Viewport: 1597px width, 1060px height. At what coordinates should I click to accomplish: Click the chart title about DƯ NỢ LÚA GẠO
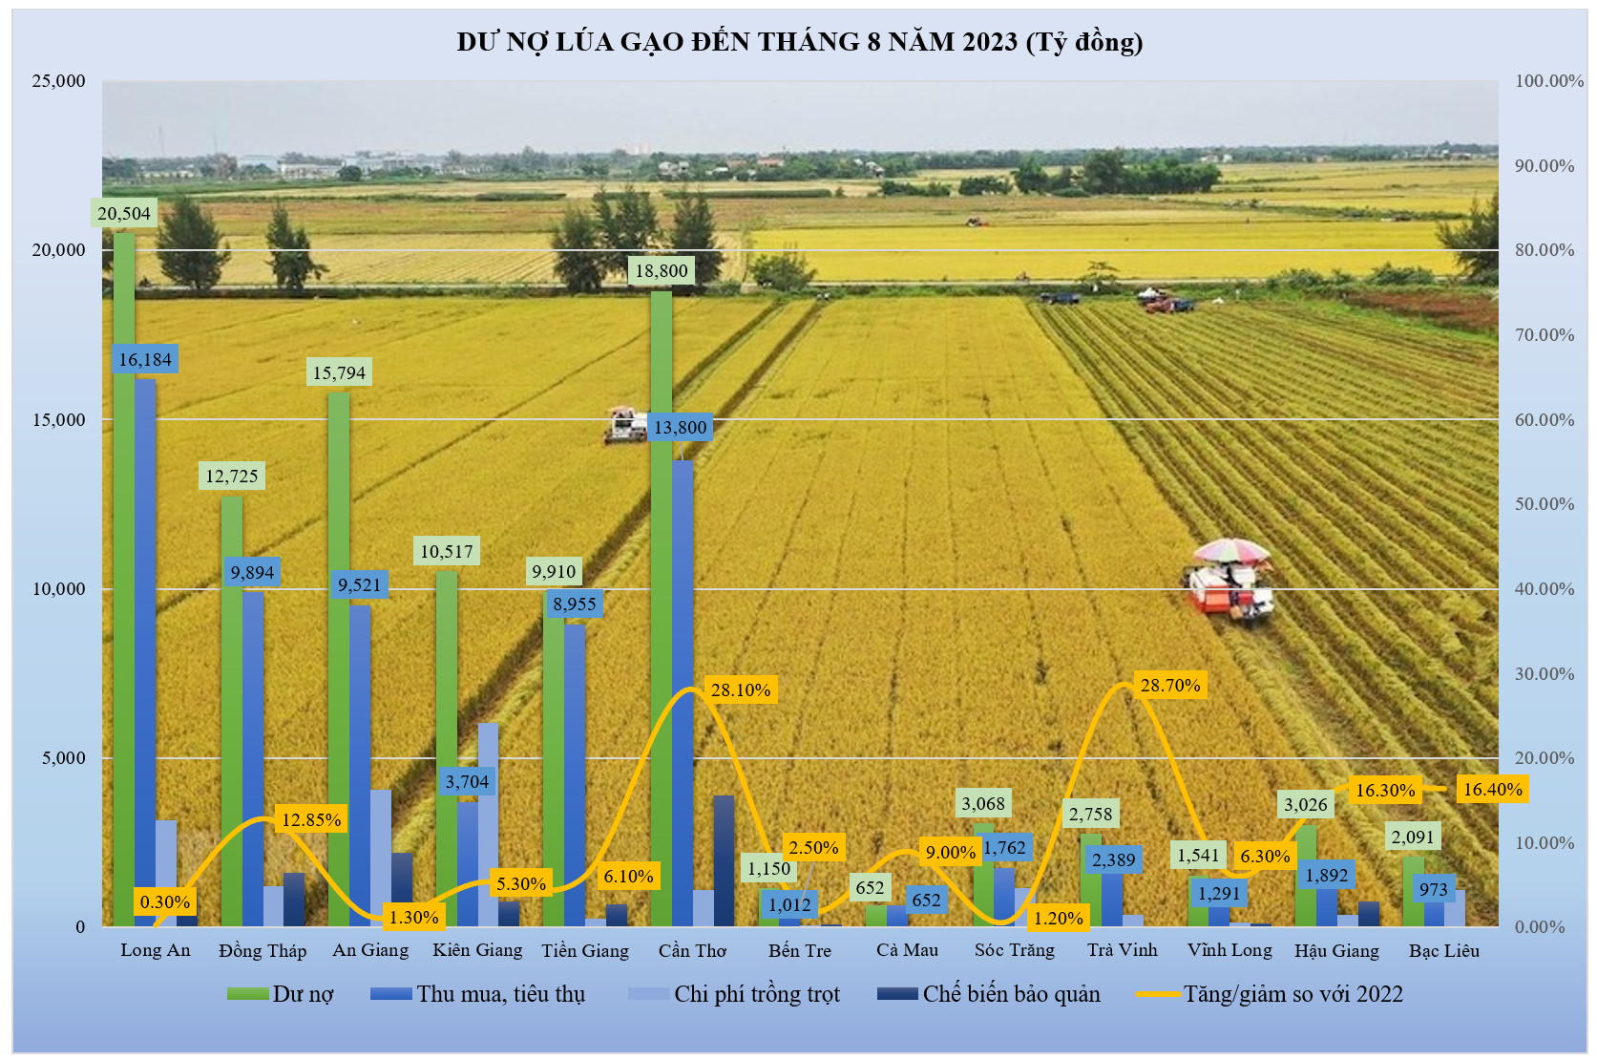[799, 42]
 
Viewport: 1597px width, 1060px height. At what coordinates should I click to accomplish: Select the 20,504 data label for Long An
[124, 213]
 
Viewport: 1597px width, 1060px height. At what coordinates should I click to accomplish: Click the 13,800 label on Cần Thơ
[680, 427]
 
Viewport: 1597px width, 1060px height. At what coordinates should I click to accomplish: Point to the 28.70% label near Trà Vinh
[1170, 685]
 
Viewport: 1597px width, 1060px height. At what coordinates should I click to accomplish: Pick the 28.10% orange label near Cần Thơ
[741, 689]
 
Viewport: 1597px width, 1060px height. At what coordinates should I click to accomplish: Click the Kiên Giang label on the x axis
[477, 950]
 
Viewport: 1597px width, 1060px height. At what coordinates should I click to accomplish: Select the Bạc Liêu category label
[1443, 950]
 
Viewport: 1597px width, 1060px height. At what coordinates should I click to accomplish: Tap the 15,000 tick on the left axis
[59, 419]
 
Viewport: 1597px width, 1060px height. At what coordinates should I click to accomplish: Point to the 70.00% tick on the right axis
[1544, 334]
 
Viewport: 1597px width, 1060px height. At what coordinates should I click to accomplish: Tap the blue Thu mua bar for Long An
[145, 649]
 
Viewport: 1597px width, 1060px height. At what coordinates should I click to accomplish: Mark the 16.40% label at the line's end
[1493, 789]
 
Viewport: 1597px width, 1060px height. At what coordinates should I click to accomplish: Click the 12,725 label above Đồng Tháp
[232, 476]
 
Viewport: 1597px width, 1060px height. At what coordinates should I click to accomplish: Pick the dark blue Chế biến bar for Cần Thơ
[724, 859]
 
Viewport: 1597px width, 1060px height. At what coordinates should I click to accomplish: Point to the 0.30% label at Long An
[164, 901]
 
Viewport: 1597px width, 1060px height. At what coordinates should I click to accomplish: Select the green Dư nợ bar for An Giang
[338, 659]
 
